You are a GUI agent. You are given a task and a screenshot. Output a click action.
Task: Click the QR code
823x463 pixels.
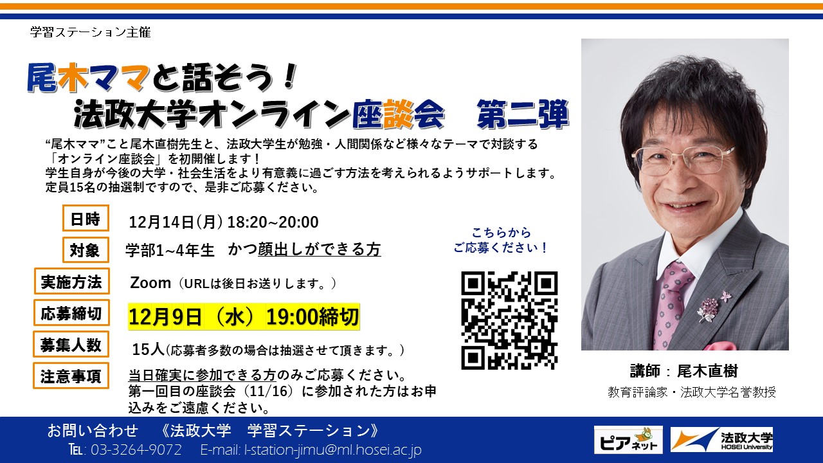(x=509, y=320)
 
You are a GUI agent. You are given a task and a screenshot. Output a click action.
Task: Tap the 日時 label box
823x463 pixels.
(x=86, y=218)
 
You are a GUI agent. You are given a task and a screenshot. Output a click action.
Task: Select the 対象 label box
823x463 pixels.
(x=86, y=250)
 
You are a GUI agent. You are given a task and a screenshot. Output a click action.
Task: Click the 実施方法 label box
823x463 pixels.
(x=71, y=281)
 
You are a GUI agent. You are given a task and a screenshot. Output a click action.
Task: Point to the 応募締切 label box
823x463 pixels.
(x=71, y=313)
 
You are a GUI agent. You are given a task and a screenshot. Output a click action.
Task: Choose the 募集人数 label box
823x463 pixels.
(x=71, y=344)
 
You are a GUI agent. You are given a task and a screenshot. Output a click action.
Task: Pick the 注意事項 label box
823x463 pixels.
(x=71, y=376)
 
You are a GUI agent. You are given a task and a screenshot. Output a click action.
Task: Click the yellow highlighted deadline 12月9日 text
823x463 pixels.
(x=165, y=317)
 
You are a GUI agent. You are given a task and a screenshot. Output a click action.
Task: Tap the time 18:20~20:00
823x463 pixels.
(x=273, y=222)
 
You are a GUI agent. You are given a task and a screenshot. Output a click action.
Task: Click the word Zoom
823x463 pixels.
(x=150, y=283)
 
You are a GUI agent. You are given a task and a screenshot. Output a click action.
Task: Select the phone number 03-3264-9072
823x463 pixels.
(x=136, y=449)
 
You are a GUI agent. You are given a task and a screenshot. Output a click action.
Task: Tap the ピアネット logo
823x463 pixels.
(x=628, y=440)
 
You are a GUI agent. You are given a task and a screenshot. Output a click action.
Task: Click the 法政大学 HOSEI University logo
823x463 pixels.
(x=721, y=439)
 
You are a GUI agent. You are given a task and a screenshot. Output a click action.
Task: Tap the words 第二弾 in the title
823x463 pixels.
(x=523, y=114)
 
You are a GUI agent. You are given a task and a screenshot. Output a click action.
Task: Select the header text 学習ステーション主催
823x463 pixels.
(x=91, y=32)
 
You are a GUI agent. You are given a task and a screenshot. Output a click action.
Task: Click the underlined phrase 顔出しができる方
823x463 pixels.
(x=320, y=250)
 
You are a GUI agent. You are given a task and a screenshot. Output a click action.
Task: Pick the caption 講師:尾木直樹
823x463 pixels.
(x=683, y=371)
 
